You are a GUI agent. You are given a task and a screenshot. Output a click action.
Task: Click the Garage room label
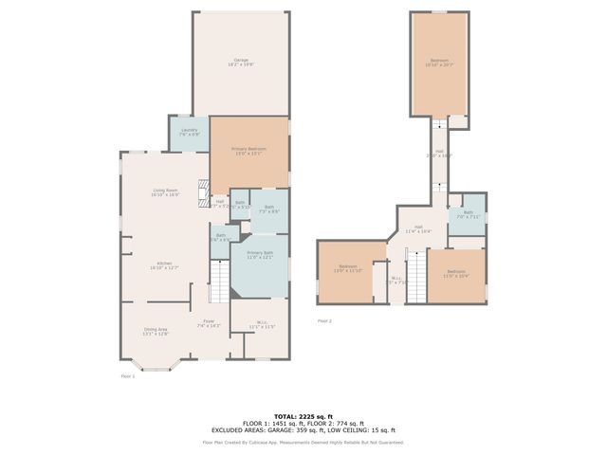(241, 63)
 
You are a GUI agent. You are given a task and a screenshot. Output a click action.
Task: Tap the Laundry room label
(189, 132)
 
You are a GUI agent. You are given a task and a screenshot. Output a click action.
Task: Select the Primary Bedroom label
(249, 152)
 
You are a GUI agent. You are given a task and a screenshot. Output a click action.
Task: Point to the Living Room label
(166, 192)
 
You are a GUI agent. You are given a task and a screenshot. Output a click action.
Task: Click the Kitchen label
(164, 265)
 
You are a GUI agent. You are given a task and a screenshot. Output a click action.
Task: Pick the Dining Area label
(155, 332)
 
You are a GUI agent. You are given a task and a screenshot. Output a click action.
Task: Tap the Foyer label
(208, 324)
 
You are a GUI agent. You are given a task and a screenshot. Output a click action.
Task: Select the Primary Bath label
(260, 255)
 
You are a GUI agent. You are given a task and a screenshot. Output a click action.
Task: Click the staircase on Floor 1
(219, 281)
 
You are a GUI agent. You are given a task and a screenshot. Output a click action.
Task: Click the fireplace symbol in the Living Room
(200, 193)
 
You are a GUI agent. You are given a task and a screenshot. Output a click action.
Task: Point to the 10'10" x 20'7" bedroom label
(438, 64)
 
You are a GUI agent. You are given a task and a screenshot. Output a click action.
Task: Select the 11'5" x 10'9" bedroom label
(456, 274)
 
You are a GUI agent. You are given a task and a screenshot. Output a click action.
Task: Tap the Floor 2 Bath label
(468, 215)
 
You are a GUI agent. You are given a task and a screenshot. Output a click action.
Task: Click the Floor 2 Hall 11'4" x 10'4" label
(418, 228)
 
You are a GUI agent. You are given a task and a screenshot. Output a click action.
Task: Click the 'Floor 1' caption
(128, 376)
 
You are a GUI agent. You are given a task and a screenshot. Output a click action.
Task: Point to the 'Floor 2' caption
(324, 320)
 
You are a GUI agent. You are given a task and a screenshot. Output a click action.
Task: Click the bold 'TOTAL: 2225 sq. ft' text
(303, 416)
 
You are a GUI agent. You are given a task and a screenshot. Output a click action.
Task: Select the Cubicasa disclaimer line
(303, 442)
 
